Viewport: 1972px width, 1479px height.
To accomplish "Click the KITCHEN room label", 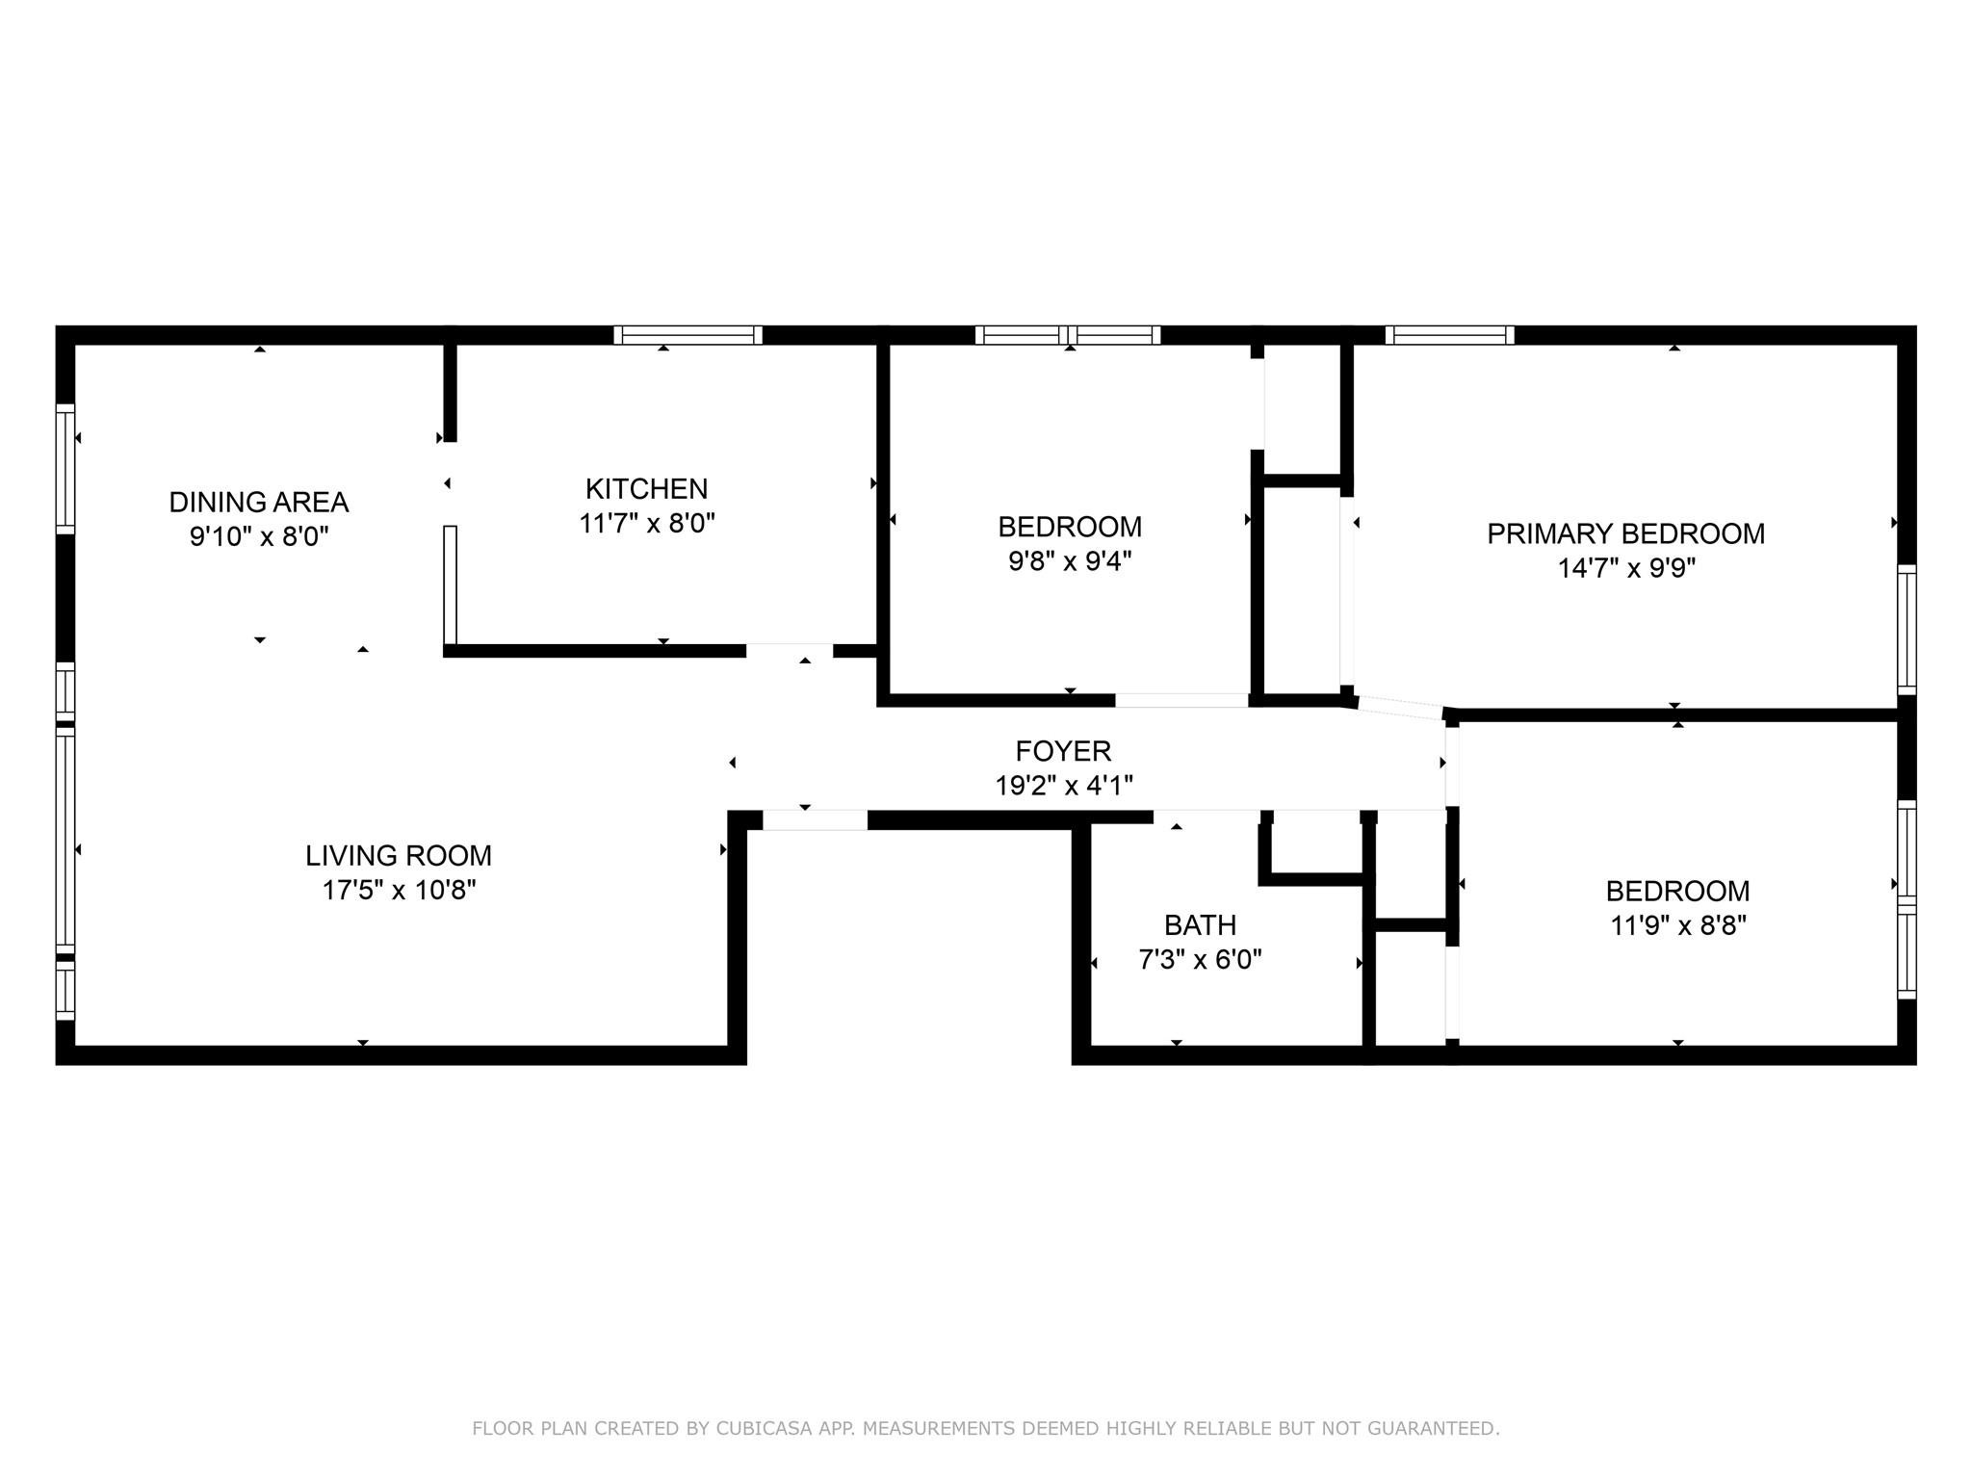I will pyautogui.click(x=646, y=488).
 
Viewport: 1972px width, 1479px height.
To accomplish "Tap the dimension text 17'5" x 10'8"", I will pyautogui.click(x=399, y=890).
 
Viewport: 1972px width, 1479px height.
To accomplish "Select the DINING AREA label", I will pyautogui.click(x=258, y=502).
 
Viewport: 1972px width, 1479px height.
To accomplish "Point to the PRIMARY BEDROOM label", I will pyautogui.click(x=1625, y=533).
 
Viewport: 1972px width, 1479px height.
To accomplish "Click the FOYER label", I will pyautogui.click(x=1063, y=750).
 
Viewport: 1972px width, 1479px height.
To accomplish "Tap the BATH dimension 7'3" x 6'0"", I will pyautogui.click(x=1200, y=960).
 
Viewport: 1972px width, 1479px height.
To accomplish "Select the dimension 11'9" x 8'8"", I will pyautogui.click(x=1677, y=925).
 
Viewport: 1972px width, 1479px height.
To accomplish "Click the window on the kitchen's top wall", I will pyautogui.click(x=688, y=335).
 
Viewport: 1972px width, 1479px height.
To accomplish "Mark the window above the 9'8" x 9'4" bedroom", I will pyautogui.click(x=1067, y=335).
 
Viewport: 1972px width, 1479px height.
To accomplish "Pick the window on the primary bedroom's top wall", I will pyautogui.click(x=1449, y=335).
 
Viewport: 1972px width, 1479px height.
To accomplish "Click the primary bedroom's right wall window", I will pyautogui.click(x=1907, y=630).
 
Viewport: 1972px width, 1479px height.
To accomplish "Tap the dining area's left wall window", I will pyautogui.click(x=65, y=469).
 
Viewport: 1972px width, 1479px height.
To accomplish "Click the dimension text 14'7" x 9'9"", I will pyautogui.click(x=1625, y=568).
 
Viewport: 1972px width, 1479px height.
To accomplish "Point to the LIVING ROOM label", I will pyautogui.click(x=399, y=855).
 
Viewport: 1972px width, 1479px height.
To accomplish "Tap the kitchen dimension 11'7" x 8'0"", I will pyautogui.click(x=646, y=524).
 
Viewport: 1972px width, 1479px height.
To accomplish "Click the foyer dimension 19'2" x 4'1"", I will pyautogui.click(x=1063, y=786).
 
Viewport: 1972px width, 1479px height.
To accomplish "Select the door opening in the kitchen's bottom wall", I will pyautogui.click(x=789, y=650).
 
